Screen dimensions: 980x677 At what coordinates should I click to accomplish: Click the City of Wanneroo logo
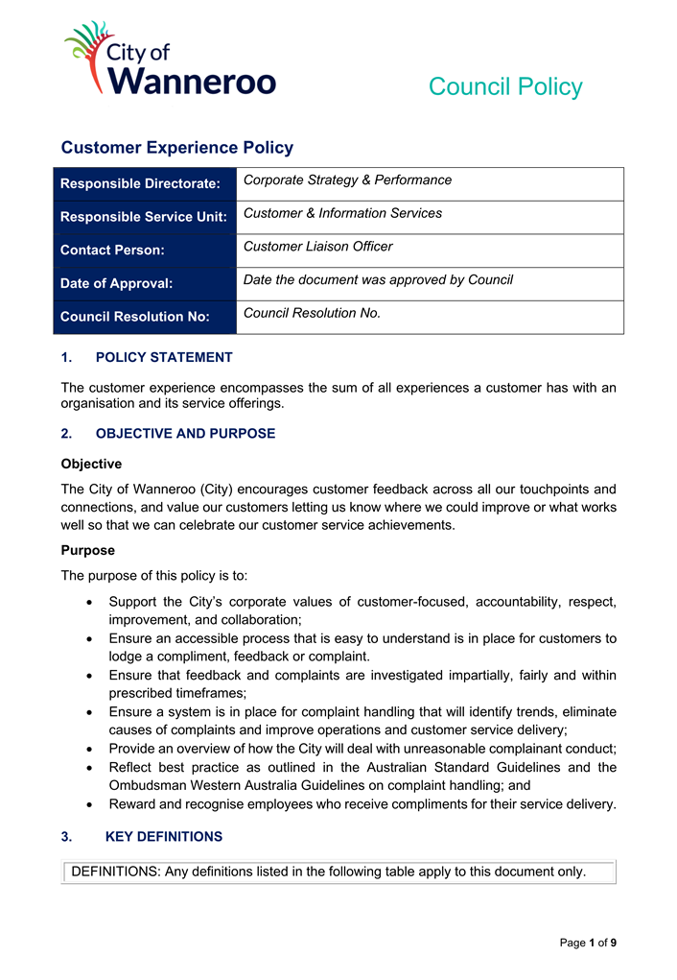[x=169, y=60]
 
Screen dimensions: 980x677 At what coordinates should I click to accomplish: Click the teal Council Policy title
[x=504, y=86]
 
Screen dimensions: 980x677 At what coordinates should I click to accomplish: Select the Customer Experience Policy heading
[x=176, y=148]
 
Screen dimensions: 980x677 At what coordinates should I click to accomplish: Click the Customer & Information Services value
[x=342, y=213]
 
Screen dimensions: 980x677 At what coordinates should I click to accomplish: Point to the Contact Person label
[x=112, y=250]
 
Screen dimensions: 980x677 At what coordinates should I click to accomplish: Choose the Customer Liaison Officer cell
[x=317, y=247]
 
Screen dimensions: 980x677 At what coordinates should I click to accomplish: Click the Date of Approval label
[x=116, y=283]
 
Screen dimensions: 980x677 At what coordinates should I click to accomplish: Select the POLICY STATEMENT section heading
[x=164, y=357]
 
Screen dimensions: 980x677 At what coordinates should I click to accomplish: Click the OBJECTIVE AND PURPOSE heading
[x=185, y=433]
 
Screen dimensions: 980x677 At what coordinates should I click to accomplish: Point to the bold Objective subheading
[x=91, y=464]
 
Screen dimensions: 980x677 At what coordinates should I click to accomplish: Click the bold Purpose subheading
[x=87, y=550]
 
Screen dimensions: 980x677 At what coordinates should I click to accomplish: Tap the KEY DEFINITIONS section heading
[x=163, y=836]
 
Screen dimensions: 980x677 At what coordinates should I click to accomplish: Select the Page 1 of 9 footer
[x=588, y=943]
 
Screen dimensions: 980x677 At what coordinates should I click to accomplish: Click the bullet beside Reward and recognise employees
[x=89, y=804]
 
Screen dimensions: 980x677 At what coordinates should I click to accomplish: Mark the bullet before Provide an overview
[x=89, y=749]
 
